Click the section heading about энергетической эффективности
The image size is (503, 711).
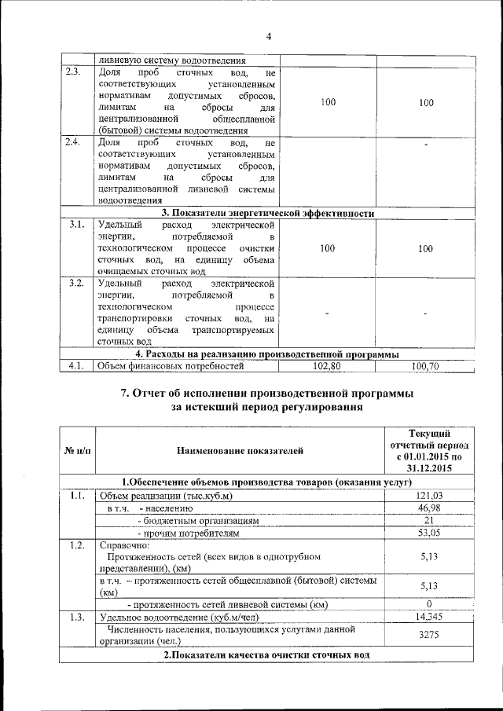tap(267, 213)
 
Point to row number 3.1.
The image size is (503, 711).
tap(75, 225)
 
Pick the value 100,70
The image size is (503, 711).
tap(425, 365)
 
